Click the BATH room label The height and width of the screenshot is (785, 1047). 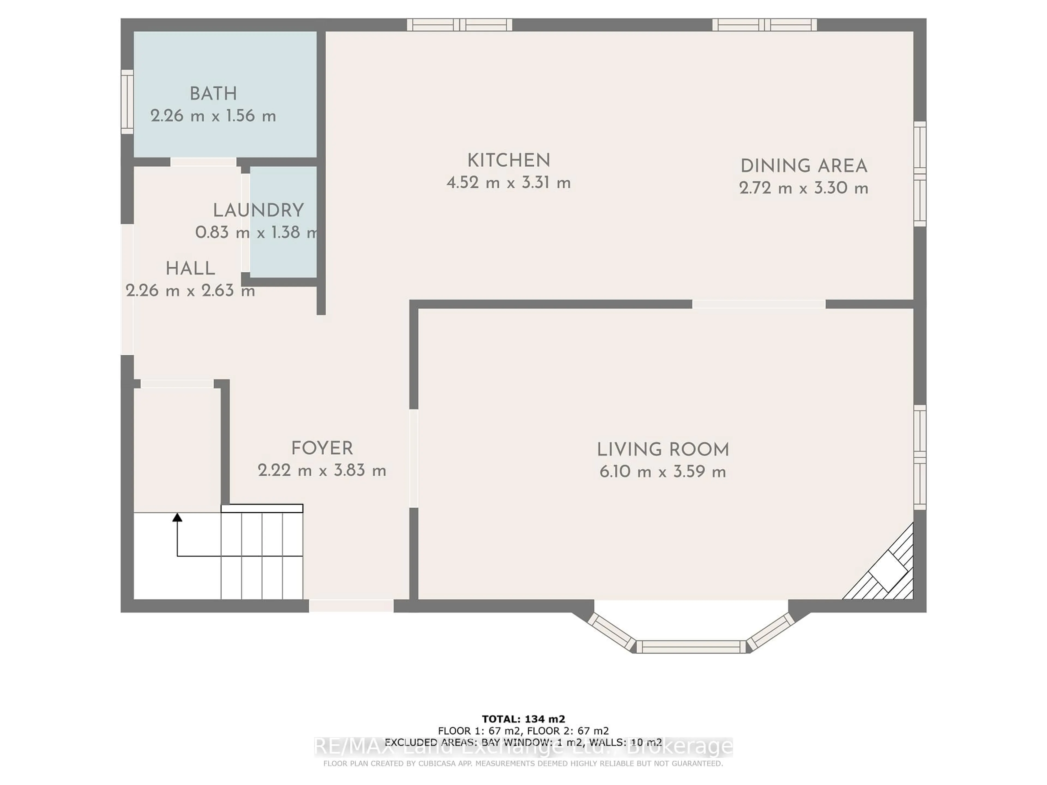point(213,94)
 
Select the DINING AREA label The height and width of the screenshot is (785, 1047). point(804,166)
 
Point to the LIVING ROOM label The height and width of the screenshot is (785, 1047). point(663,449)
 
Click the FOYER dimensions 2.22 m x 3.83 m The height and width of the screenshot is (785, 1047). point(322,471)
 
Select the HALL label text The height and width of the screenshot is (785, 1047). point(190,269)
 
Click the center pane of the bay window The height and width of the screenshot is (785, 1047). point(691,647)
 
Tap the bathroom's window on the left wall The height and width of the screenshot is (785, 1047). point(127,102)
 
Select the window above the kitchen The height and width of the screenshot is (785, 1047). point(460,25)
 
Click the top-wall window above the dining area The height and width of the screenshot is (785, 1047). point(765,25)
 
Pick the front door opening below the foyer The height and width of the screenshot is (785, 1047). point(351,606)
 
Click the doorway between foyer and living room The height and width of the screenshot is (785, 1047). point(414,458)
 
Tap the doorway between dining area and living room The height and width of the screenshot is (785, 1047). point(759,304)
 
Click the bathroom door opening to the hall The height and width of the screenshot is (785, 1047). point(203,162)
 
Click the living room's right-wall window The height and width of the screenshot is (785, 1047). point(919,457)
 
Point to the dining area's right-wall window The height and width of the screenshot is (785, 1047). point(919,174)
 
